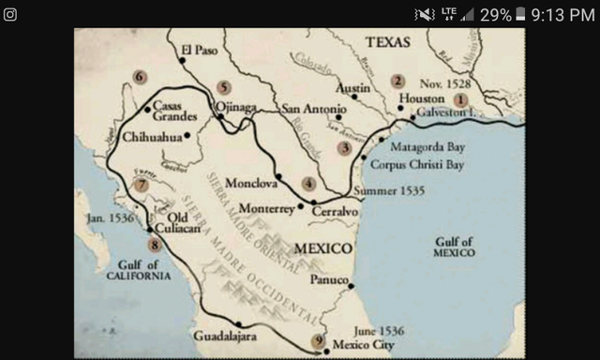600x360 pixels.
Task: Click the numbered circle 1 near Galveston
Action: click(460, 99)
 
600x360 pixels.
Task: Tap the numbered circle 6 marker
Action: click(140, 77)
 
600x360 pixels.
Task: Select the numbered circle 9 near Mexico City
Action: click(319, 340)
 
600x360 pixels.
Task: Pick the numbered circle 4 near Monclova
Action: click(308, 184)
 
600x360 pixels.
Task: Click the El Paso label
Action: click(200, 51)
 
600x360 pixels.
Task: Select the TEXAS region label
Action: click(388, 41)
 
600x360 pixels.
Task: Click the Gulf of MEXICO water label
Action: click(454, 247)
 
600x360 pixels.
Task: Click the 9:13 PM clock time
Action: click(562, 14)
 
